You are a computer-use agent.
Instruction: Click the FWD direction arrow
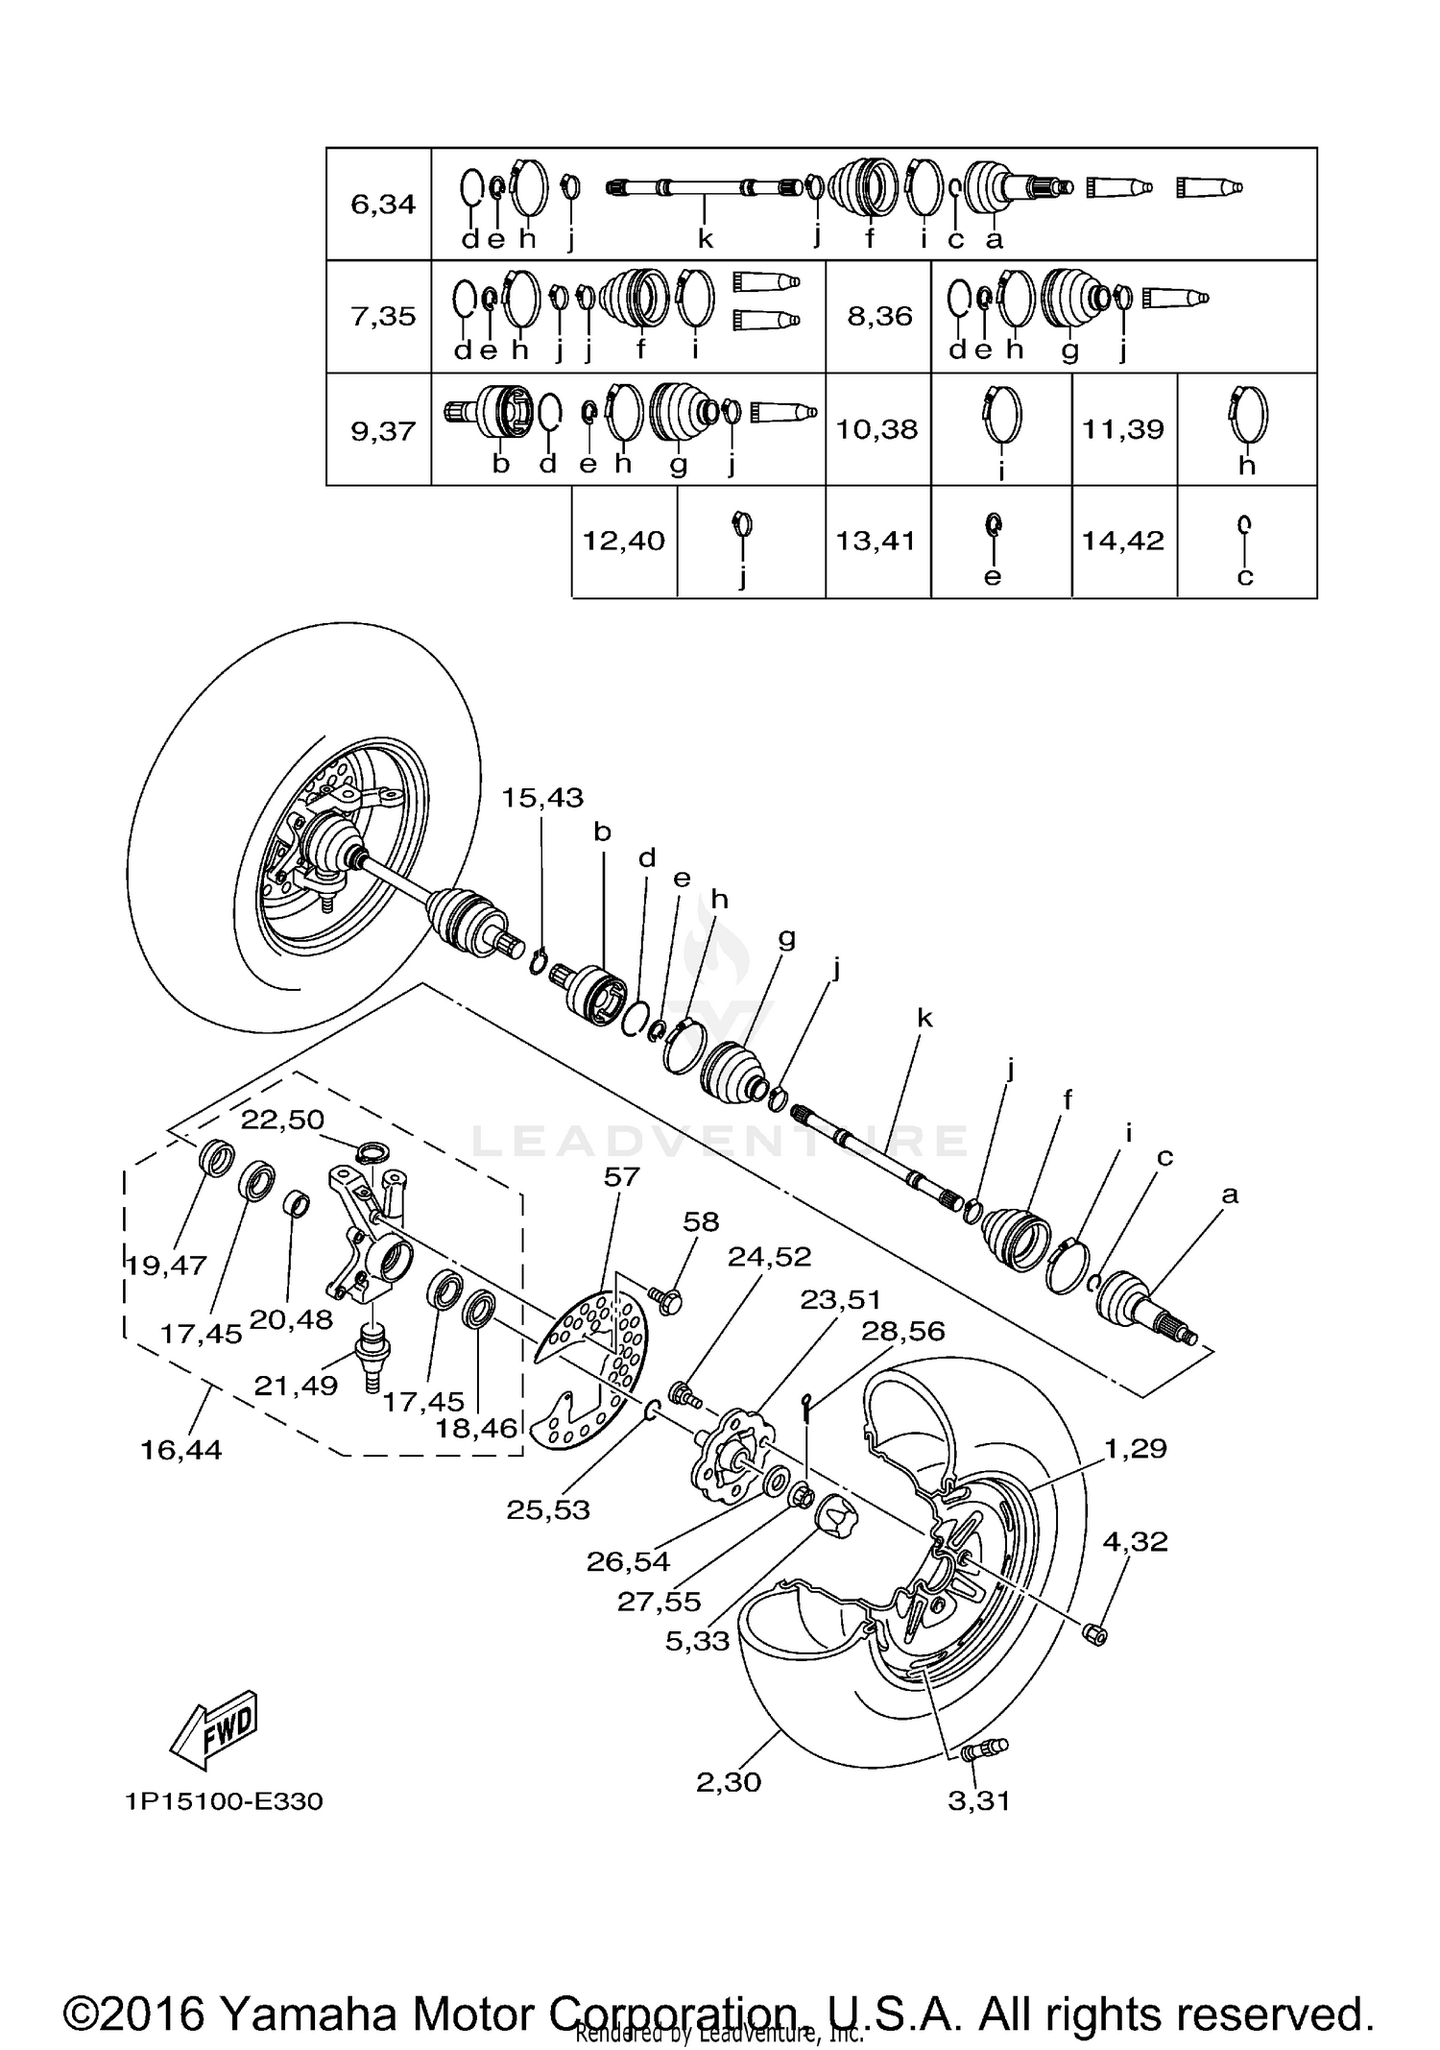click(213, 1729)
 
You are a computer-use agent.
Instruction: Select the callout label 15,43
click(542, 798)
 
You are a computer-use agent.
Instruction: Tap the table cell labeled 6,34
click(382, 204)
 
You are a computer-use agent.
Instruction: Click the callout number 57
click(621, 1177)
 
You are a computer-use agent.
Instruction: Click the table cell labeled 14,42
click(1123, 541)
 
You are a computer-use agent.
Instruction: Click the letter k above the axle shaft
click(924, 1018)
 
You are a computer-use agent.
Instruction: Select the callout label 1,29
click(1136, 1448)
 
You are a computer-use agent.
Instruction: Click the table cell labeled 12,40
click(624, 541)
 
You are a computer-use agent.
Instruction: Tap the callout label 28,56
click(902, 1331)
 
